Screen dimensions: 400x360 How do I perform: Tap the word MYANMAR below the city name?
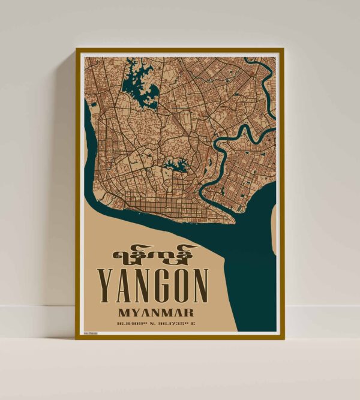(x=155, y=312)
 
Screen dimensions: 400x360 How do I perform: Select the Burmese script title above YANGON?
(x=154, y=254)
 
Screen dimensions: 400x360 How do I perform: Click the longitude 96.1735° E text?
(x=179, y=325)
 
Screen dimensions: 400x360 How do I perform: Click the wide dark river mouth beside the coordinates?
(x=246, y=288)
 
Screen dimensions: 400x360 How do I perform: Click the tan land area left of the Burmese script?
(x=96, y=252)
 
